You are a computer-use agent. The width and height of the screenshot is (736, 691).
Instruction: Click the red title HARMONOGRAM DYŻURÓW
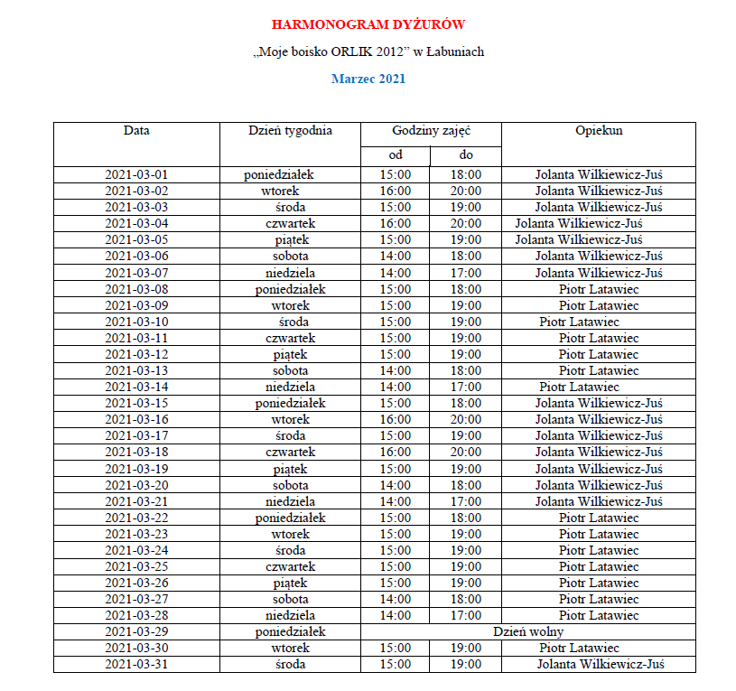tap(368, 24)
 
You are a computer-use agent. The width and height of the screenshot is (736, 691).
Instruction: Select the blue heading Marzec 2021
tap(368, 79)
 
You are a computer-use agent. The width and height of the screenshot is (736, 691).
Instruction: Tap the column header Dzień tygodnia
tap(290, 130)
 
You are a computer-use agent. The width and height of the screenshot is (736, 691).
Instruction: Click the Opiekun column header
tap(599, 130)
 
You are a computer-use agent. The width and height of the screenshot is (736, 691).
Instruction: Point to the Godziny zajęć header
tap(431, 130)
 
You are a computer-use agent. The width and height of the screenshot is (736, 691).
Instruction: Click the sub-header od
tap(396, 155)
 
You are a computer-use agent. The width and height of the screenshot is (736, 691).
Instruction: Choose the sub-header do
tap(466, 155)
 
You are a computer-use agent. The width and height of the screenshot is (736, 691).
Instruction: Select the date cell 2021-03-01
tap(136, 174)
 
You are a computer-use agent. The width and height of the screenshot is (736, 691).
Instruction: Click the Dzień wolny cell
tap(528, 631)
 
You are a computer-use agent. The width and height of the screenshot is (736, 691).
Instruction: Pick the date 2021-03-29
tap(136, 631)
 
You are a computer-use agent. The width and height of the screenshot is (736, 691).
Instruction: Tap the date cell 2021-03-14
tap(136, 387)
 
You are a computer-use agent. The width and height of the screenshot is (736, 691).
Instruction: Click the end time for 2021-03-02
tap(466, 191)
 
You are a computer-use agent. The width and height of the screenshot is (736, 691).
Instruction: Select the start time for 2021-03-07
tap(396, 273)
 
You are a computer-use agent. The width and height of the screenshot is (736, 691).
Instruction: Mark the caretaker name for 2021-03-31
tap(601, 664)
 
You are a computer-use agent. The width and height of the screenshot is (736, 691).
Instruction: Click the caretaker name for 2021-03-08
tap(599, 289)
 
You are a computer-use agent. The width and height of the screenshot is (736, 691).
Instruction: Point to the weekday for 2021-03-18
tap(290, 452)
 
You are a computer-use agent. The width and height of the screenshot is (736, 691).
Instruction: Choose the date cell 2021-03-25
tap(136, 566)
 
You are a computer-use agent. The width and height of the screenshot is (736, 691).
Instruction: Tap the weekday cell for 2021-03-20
tap(290, 484)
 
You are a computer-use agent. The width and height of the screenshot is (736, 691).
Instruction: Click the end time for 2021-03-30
tap(466, 648)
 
